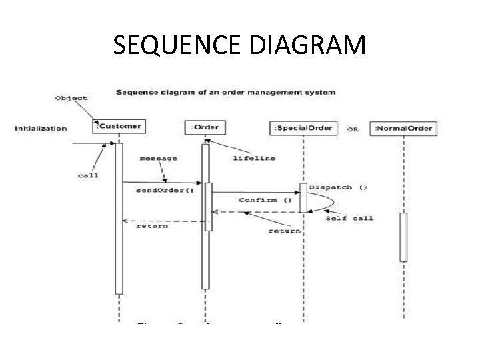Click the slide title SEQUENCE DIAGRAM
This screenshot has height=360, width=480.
click(239, 45)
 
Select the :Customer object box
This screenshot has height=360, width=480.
click(119, 127)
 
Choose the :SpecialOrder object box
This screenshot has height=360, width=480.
click(304, 127)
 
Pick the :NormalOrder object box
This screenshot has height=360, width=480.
click(403, 128)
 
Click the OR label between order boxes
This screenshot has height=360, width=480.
click(353, 129)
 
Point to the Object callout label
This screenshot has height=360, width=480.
click(71, 98)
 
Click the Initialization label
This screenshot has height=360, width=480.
click(41, 128)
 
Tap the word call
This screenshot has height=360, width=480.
click(88, 175)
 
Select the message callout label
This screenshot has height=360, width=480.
click(159, 158)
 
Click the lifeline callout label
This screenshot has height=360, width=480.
click(254, 158)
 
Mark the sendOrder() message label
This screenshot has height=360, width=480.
click(165, 190)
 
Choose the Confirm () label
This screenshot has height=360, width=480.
click(265, 199)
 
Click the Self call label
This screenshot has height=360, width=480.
click(349, 218)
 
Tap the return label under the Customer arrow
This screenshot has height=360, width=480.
click(152, 227)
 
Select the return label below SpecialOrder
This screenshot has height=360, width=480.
click(284, 231)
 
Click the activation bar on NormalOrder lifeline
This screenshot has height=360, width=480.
click(403, 237)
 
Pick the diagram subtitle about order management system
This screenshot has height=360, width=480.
click(225, 91)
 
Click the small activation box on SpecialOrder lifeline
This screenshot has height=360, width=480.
click(303, 198)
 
